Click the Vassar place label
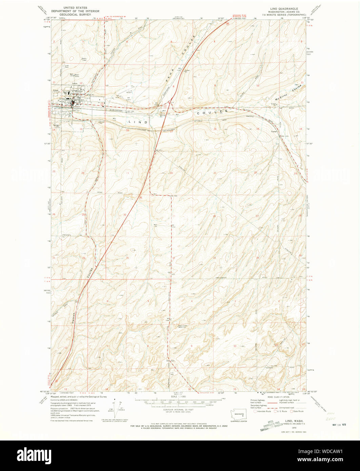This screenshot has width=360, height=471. [x=274, y=131]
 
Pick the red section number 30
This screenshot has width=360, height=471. [x=125, y=214]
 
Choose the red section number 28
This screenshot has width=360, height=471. [x=214, y=216]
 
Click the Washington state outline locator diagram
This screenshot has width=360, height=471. [x=239, y=415]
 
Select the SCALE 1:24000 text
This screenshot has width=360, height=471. [x=176, y=396]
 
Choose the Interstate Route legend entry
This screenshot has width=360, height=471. [x=263, y=411]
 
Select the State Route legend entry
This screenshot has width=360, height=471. [x=297, y=411]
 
